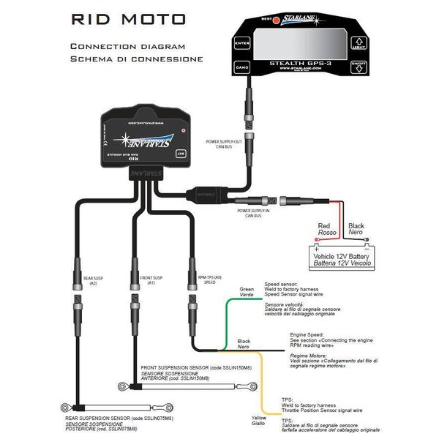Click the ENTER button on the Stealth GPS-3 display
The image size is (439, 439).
(242, 43)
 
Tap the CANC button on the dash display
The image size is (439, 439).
(242, 67)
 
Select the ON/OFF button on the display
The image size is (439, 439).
(359, 67)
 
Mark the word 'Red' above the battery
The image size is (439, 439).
(325, 227)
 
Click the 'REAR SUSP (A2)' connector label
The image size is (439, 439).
(94, 279)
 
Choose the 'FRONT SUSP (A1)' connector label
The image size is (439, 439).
(152, 279)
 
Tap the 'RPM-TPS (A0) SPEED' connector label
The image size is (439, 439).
(209, 279)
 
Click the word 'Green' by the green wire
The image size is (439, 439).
(247, 290)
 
